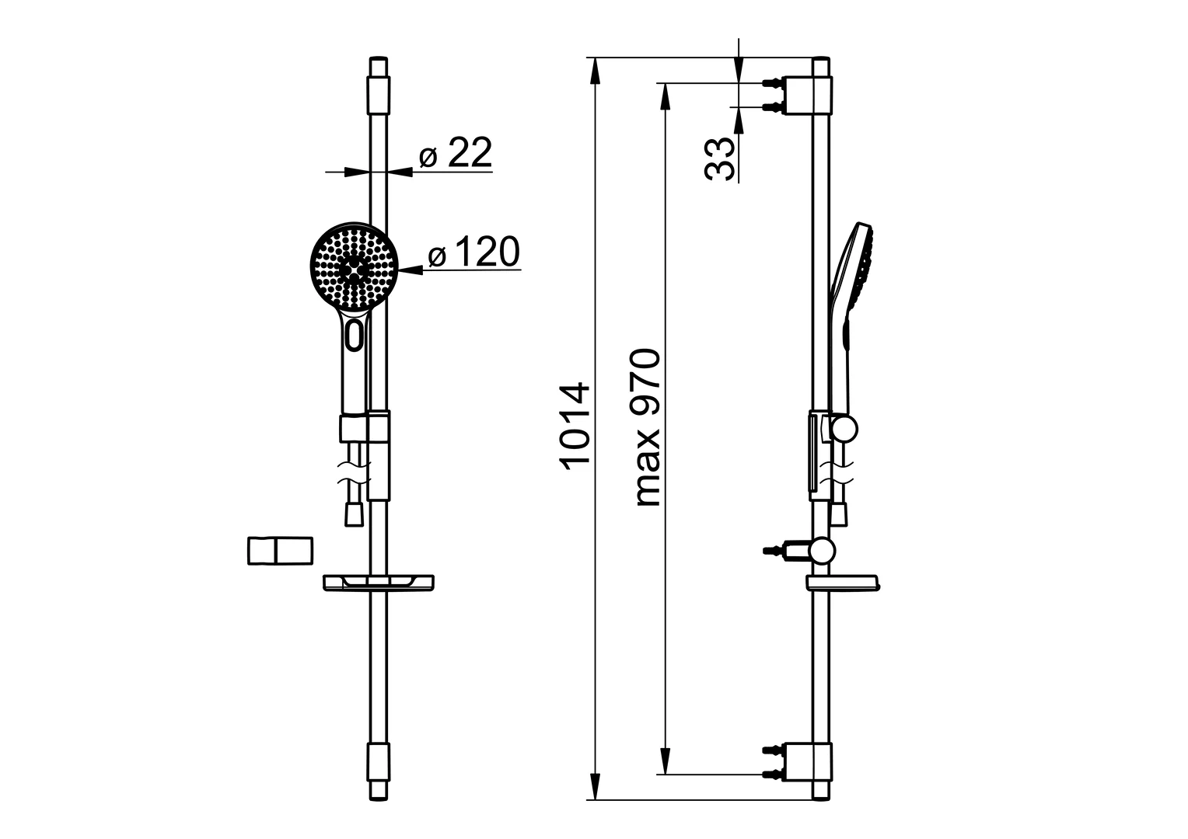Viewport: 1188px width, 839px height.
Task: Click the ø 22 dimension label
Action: coord(456,155)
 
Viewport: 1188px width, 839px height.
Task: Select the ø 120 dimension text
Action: coord(473,253)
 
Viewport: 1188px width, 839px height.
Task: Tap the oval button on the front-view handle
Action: coord(355,336)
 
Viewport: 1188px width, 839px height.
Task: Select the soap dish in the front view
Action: coord(379,582)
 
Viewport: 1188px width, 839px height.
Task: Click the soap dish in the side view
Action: coord(843,583)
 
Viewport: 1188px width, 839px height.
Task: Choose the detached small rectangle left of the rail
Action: coord(280,551)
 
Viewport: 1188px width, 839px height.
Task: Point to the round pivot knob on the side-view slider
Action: coord(844,428)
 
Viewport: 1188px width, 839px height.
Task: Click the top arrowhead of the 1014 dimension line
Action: coord(596,70)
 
